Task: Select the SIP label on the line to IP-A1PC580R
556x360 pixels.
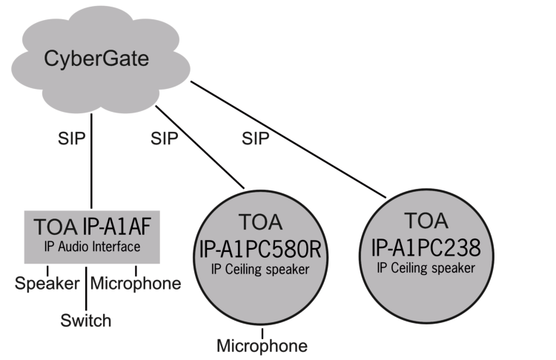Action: click(165, 138)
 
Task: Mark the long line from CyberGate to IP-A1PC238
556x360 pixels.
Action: click(289, 140)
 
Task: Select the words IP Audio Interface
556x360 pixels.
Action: click(92, 246)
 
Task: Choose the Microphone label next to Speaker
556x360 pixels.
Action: click(136, 283)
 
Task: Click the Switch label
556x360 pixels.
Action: click(86, 320)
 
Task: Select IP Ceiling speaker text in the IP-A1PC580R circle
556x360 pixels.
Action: click(263, 270)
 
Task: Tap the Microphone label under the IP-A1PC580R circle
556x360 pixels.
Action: click(262, 345)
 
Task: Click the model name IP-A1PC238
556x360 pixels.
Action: click(426, 246)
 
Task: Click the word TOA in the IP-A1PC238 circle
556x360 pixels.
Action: click(426, 221)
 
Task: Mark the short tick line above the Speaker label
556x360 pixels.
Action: click(48, 269)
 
